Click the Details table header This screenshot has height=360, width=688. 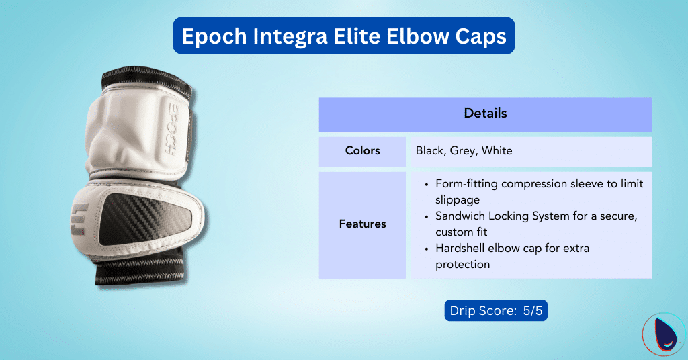(x=485, y=114)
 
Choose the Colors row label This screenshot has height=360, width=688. (x=362, y=151)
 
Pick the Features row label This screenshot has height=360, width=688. (x=362, y=224)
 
